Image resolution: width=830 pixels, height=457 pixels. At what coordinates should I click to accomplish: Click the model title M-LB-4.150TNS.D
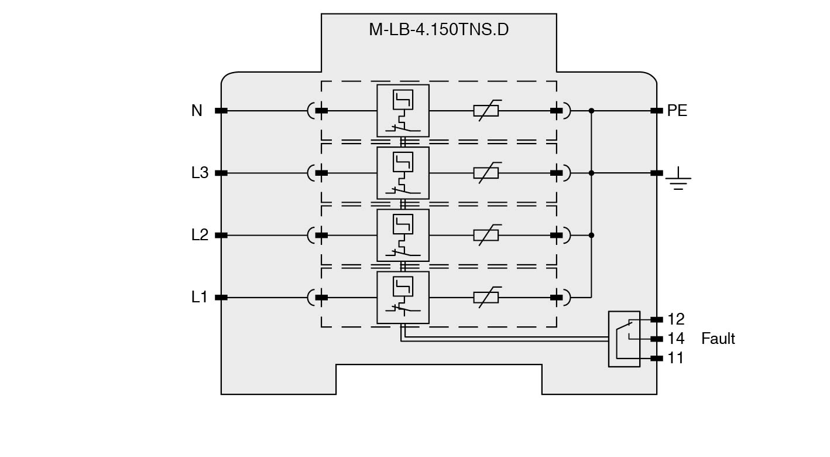(x=438, y=29)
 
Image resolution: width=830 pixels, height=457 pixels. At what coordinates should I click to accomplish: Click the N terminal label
(x=197, y=110)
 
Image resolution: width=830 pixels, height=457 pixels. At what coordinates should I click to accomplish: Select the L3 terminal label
(x=200, y=173)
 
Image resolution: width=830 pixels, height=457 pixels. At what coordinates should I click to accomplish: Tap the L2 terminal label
(x=200, y=235)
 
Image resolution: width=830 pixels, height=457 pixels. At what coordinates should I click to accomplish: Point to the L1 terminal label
(x=200, y=297)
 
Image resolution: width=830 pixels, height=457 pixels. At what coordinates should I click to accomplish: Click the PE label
(x=677, y=110)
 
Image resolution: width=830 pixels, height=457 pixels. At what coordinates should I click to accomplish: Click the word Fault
(x=718, y=339)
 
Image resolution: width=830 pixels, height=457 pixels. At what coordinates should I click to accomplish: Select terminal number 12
(x=675, y=319)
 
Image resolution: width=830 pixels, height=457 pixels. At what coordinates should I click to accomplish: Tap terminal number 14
(x=675, y=339)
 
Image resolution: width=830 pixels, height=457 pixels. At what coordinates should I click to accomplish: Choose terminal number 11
(x=675, y=358)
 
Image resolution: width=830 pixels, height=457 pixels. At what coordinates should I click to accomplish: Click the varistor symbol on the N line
(x=486, y=110)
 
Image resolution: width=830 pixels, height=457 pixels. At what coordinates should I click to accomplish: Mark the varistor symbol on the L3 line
(x=486, y=173)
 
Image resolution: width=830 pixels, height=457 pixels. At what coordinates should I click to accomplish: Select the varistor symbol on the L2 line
(x=486, y=235)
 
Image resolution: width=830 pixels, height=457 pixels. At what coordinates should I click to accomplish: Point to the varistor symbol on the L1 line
(x=486, y=297)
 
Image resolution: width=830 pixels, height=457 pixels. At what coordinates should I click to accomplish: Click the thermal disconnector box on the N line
(x=403, y=110)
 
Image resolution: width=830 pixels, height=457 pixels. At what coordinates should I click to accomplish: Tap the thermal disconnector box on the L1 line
(x=403, y=297)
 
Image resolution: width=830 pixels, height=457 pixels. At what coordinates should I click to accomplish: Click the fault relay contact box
(x=624, y=339)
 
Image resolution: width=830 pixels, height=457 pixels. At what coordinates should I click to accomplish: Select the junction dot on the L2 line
(x=591, y=235)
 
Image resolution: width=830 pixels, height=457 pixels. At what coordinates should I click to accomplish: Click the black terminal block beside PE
(x=656, y=110)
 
